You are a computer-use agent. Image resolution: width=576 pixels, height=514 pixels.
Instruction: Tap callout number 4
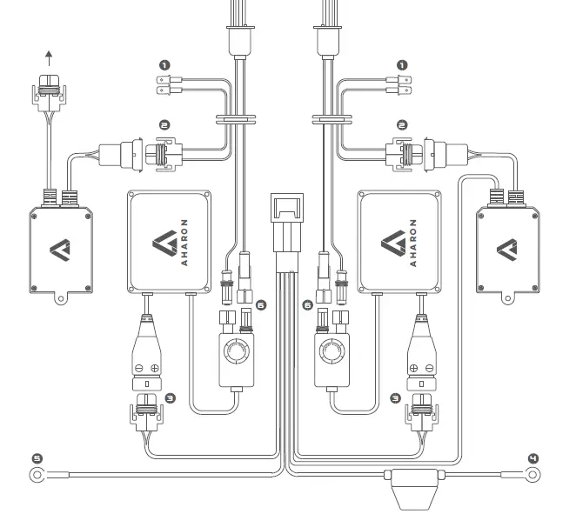tap(533, 457)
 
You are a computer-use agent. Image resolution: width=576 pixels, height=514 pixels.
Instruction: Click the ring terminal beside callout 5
tap(37, 475)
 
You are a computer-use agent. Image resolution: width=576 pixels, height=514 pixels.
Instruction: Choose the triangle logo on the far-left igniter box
tap(59, 248)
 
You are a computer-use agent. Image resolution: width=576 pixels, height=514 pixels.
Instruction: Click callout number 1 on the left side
tap(162, 64)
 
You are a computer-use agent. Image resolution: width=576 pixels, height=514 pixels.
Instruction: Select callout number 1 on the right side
tap(402, 64)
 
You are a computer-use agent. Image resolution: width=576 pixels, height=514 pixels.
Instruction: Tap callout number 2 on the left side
tap(162, 124)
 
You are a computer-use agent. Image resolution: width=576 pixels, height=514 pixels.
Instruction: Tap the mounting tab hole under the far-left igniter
tap(59, 300)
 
